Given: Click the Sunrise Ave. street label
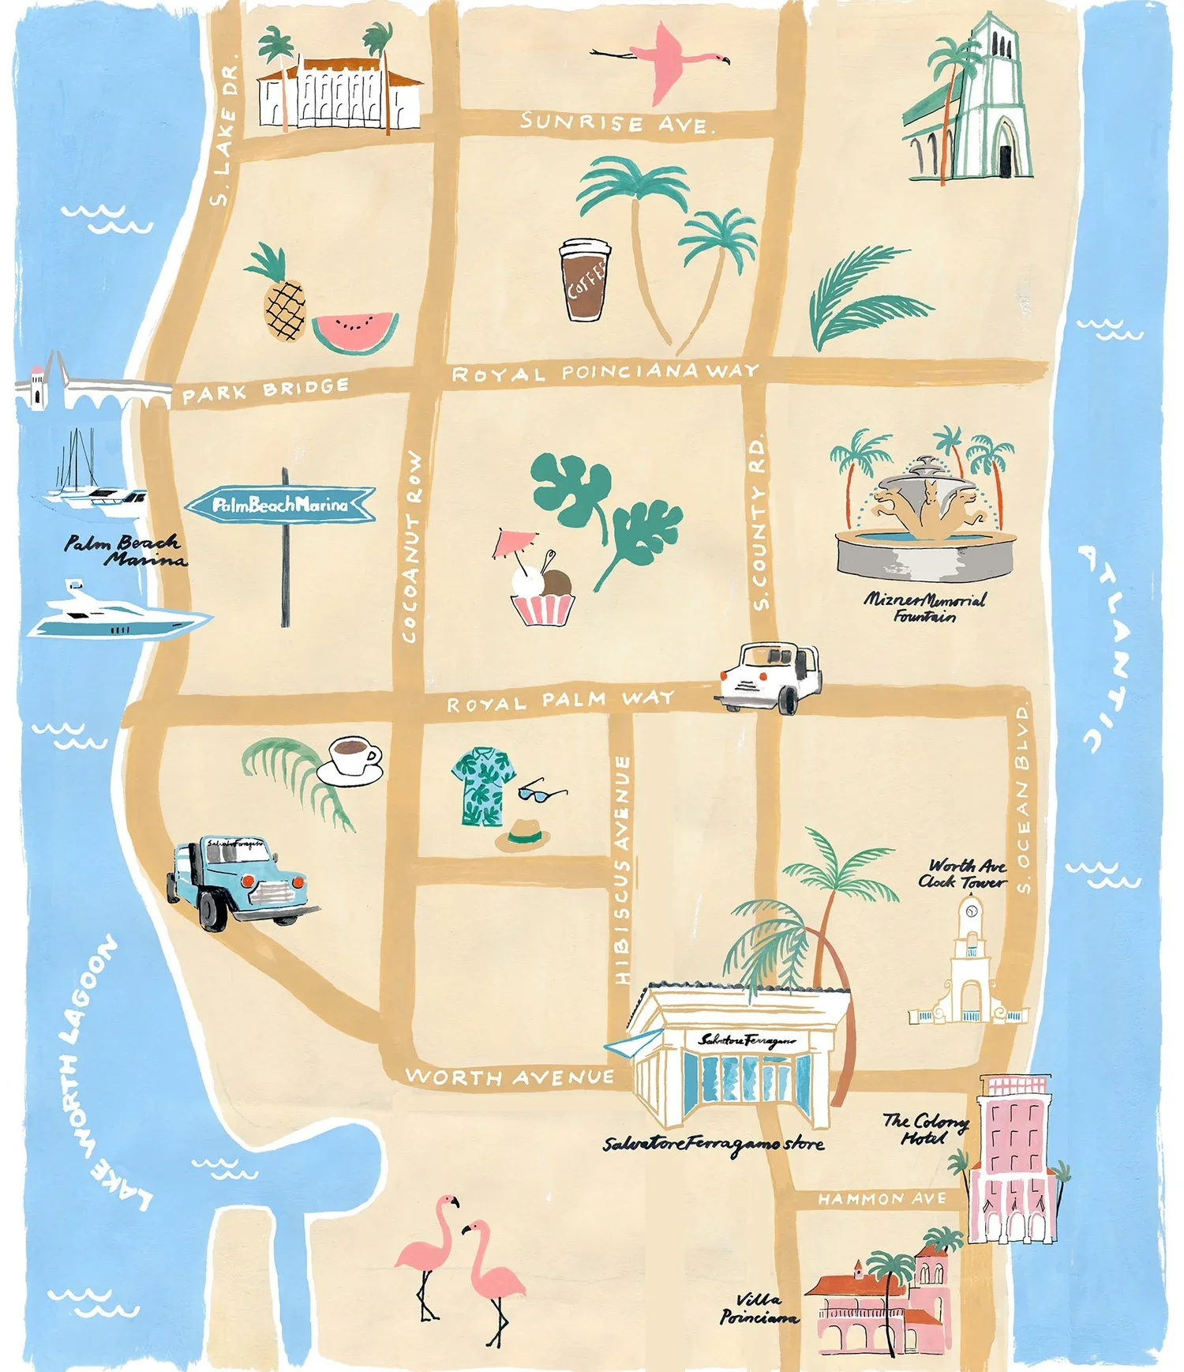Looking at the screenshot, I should click(x=616, y=123).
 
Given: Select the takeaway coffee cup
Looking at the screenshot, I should click(x=585, y=280).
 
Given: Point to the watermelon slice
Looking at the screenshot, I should click(x=354, y=331).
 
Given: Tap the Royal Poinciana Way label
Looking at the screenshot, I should click(x=605, y=373).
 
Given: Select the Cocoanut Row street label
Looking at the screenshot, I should click(x=413, y=547).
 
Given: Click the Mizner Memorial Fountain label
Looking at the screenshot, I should click(x=924, y=607).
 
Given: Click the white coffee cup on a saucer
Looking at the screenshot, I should click(x=352, y=761).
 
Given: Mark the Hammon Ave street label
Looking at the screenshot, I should click(x=882, y=1199).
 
